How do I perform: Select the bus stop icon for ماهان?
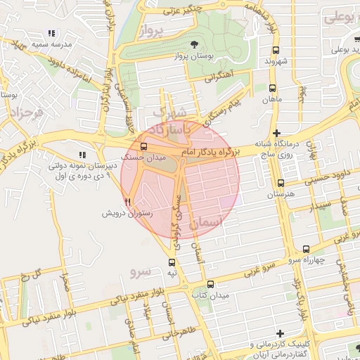coord(272,88)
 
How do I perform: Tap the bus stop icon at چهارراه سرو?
coord(306,249)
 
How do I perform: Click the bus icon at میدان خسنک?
coord(143,147)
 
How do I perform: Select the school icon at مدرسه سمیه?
coord(51,34)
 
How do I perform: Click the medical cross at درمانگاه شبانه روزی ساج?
coord(277,133)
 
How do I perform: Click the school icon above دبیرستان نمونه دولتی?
coord(82,155)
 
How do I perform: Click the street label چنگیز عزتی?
coord(180,11)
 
